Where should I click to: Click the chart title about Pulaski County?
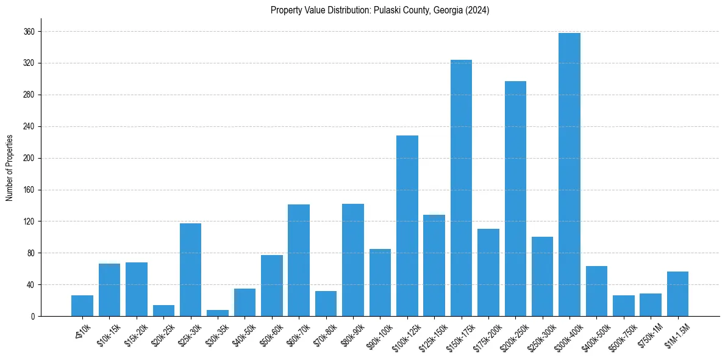click(x=380, y=10)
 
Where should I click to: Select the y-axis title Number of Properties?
click(x=9, y=167)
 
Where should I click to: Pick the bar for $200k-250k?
click(x=515, y=198)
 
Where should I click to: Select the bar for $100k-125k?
click(x=407, y=226)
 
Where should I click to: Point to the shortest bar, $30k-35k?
click(x=218, y=313)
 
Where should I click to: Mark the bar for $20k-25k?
click(x=163, y=311)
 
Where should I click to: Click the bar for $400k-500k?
click(x=596, y=291)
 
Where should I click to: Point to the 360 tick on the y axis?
click(x=29, y=32)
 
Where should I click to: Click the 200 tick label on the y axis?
click(x=29, y=158)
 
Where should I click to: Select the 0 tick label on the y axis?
click(x=32, y=316)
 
